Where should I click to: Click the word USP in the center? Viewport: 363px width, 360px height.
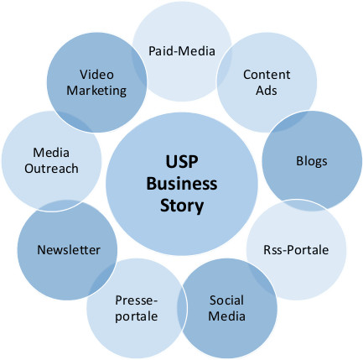tap(182, 162)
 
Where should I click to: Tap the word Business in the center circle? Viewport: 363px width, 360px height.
tap(182, 184)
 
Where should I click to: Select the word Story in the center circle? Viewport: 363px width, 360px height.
tap(182, 206)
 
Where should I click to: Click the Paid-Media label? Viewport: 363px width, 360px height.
tap(182, 51)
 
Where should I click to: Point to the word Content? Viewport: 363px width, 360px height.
tap(267, 75)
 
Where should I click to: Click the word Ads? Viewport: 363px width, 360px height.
tap(267, 91)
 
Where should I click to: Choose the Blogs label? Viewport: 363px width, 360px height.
tap(312, 161)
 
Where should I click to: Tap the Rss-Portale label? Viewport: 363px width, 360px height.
tap(296, 250)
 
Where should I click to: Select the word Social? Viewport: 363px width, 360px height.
tap(226, 300)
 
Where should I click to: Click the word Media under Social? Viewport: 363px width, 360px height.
tap(227, 316)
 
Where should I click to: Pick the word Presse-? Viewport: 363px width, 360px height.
tap(137, 300)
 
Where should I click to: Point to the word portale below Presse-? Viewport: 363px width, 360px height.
tap(137, 317)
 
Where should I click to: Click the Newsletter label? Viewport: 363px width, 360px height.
tap(69, 250)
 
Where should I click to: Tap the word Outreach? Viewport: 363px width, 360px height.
tap(51, 169)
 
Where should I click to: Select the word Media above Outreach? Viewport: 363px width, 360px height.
tap(51, 153)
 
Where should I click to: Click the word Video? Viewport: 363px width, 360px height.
tap(96, 75)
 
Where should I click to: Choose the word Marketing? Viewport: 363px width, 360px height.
tap(96, 91)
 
